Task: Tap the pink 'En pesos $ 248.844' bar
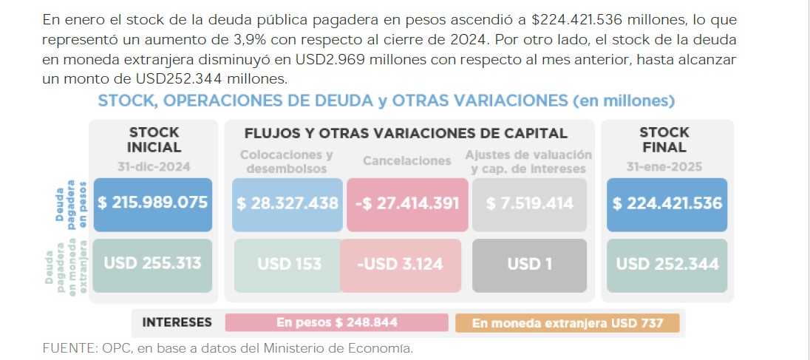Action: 336,323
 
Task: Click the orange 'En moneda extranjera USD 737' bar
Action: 567,323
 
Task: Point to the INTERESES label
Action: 177,323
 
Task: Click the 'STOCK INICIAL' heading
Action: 154,140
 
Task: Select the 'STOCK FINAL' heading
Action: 664,140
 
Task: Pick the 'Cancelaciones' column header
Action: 406,161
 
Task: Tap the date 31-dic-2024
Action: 154,167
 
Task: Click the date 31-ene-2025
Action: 664,167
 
